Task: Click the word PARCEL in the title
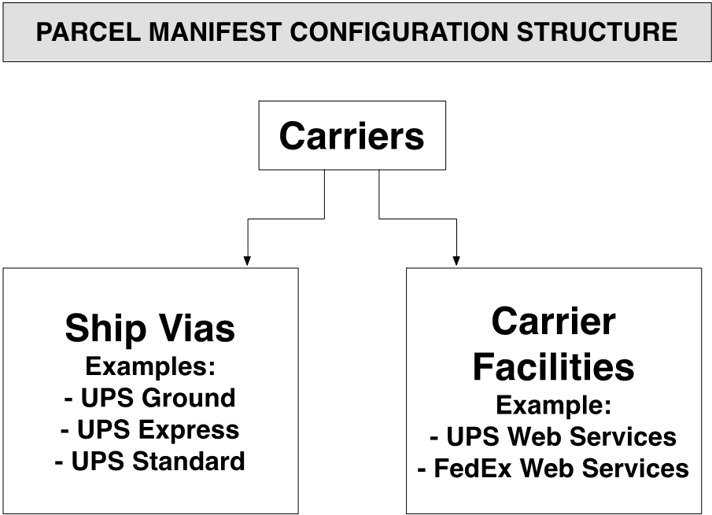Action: (74, 32)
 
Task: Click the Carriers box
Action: (352, 135)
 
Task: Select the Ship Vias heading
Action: (149, 328)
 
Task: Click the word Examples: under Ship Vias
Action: (149, 366)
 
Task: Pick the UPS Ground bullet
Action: (149, 398)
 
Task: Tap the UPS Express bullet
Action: (149, 429)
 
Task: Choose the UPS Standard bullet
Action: (149, 461)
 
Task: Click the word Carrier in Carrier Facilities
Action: (553, 322)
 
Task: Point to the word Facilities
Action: (553, 366)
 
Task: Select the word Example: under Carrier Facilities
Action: (553, 405)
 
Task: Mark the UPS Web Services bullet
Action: (553, 436)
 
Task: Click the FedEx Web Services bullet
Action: (553, 469)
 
